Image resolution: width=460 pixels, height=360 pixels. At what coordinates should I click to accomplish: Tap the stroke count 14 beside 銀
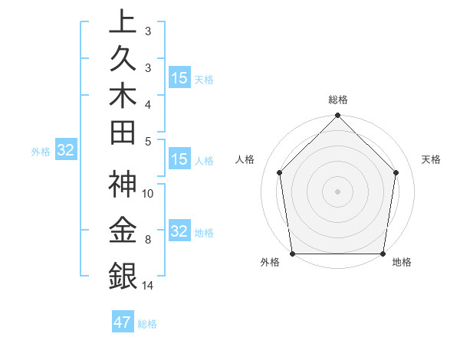pos(148,286)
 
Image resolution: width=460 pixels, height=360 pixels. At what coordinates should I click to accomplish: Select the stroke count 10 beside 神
pos(148,194)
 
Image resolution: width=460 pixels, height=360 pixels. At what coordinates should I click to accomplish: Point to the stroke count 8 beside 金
pos(147,240)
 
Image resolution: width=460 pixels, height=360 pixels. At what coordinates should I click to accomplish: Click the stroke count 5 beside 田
pos(147,141)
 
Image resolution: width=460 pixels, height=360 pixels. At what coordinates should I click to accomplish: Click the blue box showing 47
pos(123,322)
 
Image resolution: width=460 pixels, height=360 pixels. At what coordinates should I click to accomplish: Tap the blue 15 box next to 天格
pos(179,78)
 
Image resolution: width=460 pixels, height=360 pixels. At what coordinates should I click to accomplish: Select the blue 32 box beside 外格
pos(65,151)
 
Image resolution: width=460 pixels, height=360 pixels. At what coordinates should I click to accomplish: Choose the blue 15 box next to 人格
pos(179,160)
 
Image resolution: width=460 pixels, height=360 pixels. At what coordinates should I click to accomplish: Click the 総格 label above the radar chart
pos(338,100)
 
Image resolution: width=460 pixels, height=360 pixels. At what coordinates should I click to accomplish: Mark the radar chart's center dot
pos(338,191)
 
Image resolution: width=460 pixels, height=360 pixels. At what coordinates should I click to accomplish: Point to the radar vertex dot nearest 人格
pos(280,172)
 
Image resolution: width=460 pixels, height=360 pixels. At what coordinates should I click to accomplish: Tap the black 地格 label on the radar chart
pos(402,263)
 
